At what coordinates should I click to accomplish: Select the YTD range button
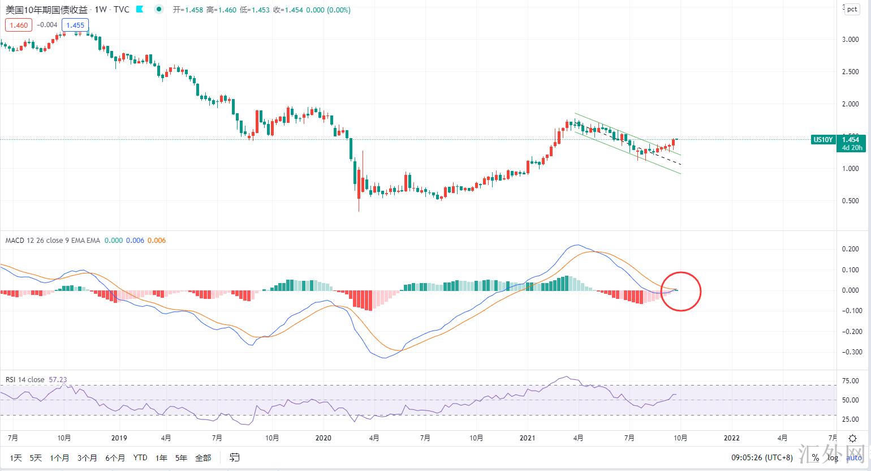click(140, 457)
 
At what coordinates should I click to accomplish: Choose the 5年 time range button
click(181, 457)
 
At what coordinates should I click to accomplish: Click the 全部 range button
click(203, 457)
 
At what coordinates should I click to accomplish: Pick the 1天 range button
click(16, 457)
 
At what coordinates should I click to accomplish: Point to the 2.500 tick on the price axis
click(851, 72)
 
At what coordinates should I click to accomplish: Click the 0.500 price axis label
click(851, 201)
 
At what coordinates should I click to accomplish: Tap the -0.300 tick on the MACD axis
click(850, 352)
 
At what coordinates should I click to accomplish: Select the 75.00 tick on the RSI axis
click(851, 381)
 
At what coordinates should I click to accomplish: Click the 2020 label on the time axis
click(323, 438)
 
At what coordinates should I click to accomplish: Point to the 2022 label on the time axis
click(731, 438)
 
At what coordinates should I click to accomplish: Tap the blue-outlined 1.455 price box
click(75, 25)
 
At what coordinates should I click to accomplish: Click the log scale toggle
click(833, 457)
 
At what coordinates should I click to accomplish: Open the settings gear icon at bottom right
click(852, 438)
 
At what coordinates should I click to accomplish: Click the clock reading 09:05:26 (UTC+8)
click(762, 457)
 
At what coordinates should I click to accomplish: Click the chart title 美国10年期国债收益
click(46, 10)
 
